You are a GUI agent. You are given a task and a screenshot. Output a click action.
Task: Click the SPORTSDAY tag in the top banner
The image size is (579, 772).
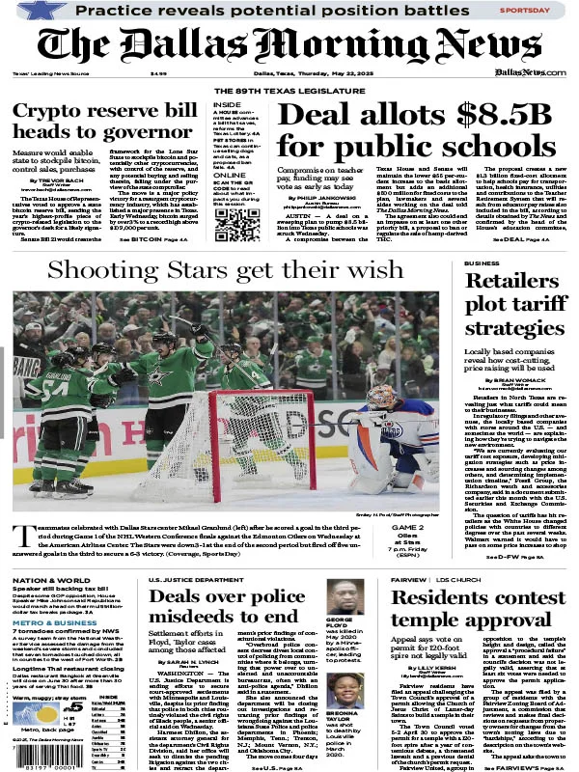pyautogui.click(x=527, y=12)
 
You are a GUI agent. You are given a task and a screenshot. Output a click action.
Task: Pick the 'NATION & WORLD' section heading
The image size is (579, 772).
pyautogui.click(x=44, y=580)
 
